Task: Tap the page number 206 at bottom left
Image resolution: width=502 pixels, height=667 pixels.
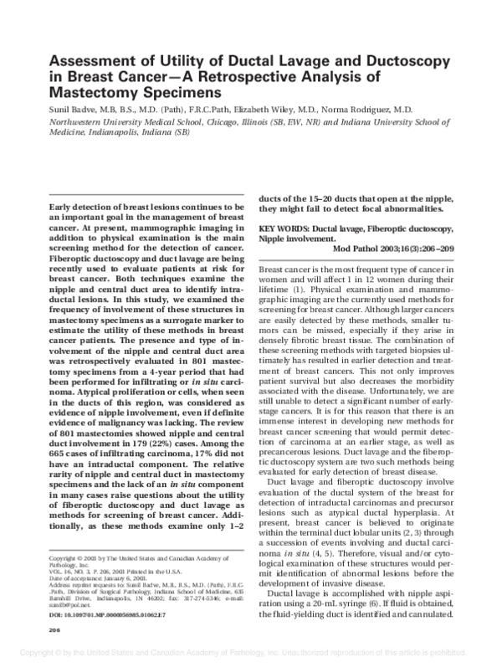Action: pos(57,630)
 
